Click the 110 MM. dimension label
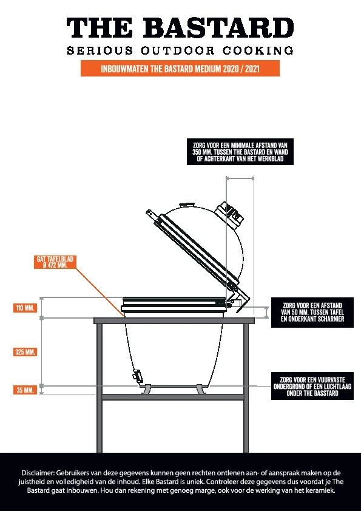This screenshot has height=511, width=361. click(x=25, y=308)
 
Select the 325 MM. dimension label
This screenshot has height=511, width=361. click(x=25, y=352)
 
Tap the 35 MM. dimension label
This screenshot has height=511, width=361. click(x=25, y=390)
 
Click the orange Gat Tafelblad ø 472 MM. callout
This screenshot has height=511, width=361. click(x=55, y=262)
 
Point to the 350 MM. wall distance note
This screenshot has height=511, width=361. click(x=240, y=152)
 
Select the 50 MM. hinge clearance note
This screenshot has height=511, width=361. click(x=312, y=312)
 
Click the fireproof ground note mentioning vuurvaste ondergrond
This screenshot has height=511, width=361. click(x=312, y=386)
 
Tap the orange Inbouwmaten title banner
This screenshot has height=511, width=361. click(x=180, y=69)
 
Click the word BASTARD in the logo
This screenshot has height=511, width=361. click(x=218, y=28)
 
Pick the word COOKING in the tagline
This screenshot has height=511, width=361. click(x=258, y=50)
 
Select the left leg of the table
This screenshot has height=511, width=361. click(x=100, y=388)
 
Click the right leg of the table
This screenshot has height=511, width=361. click(x=246, y=388)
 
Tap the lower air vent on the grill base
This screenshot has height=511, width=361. click(x=138, y=376)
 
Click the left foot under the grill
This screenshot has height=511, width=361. click(x=146, y=389)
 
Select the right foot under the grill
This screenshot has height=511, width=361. click(x=201, y=389)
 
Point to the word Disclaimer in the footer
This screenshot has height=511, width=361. click(x=38, y=473)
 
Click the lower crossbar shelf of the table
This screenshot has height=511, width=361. click(x=173, y=397)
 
